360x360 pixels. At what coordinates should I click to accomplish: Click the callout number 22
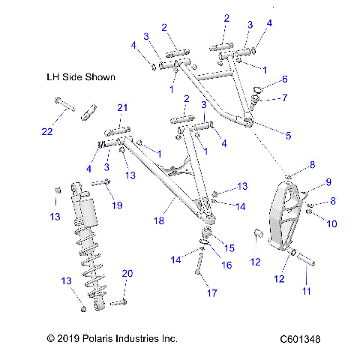click(x=47, y=133)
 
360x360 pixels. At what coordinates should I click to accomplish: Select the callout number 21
click(x=121, y=109)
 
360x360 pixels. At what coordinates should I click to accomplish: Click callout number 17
click(x=200, y=292)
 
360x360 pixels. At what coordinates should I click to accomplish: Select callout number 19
click(x=116, y=205)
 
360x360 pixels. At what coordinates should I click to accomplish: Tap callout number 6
click(x=285, y=79)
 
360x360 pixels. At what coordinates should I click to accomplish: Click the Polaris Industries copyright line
click(x=112, y=339)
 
